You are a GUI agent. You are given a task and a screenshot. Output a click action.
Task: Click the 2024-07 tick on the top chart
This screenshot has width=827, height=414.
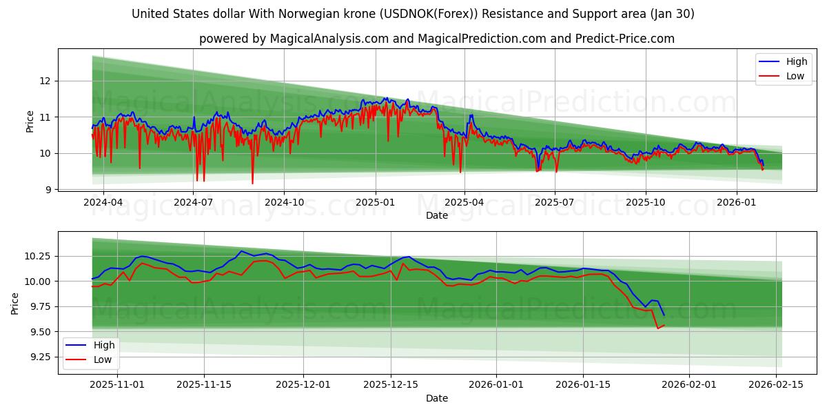193,202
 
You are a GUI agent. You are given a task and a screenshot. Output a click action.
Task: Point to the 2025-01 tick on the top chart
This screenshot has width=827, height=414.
376,202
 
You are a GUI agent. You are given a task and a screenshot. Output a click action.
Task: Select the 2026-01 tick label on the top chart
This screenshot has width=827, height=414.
736,202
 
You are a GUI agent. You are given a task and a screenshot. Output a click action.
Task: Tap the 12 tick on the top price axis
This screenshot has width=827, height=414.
45,81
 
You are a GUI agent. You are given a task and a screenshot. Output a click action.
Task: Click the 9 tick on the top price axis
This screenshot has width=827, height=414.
48,190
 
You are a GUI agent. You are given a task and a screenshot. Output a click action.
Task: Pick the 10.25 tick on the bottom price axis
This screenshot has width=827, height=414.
39,256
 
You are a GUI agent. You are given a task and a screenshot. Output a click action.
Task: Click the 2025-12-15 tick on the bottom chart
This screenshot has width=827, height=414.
391,384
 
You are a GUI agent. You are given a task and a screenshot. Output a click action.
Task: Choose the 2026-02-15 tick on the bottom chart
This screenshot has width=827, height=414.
777,384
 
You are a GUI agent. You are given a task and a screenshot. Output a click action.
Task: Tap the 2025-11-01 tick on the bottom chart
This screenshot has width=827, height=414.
118,384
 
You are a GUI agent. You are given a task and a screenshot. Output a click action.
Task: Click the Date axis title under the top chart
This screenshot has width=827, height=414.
437,215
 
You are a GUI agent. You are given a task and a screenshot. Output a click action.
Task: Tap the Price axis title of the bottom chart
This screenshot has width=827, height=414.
15,303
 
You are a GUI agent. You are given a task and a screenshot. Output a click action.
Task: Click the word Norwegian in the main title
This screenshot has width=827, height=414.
292,14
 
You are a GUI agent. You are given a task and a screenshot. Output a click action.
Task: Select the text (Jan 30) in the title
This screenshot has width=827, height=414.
671,14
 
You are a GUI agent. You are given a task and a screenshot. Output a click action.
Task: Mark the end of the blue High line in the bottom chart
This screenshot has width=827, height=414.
664,315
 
